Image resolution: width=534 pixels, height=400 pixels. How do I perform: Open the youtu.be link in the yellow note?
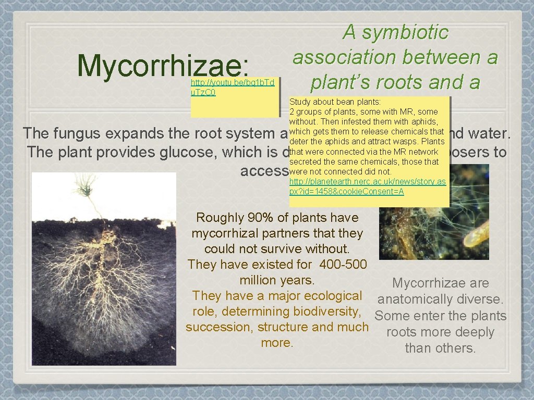pos(232,87)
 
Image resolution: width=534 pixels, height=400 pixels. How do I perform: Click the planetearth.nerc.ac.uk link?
pos(367,186)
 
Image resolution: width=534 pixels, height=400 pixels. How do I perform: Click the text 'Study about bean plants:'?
pos(335,102)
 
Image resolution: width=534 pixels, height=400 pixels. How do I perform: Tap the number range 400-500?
pos(343,265)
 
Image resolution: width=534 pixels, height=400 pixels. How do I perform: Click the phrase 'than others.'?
pos(440,348)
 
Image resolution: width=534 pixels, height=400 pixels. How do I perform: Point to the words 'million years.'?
pos(277,280)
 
